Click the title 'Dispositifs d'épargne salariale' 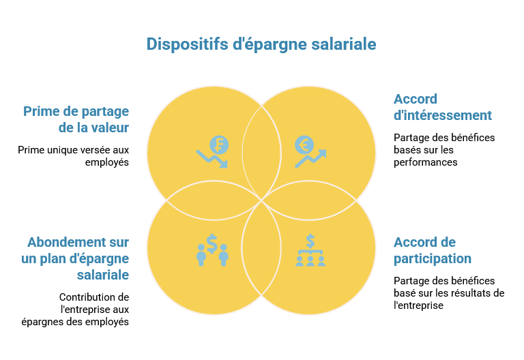(x=261, y=44)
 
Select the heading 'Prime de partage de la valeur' (x=76, y=119)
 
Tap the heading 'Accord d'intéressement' (x=442, y=107)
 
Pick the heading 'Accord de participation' (x=433, y=250)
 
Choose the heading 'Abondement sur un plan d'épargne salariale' (x=75, y=258)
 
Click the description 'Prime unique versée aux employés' (x=74, y=156)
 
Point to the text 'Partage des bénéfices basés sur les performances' (x=444, y=150)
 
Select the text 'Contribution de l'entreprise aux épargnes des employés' (x=75, y=310)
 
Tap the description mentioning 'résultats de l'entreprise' (x=449, y=293)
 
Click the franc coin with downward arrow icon (x=213, y=152)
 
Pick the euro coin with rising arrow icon (x=310, y=152)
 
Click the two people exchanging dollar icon (x=212, y=250)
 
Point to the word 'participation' (x=433, y=259)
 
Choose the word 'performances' (x=426, y=162)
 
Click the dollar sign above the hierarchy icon (x=310, y=241)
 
